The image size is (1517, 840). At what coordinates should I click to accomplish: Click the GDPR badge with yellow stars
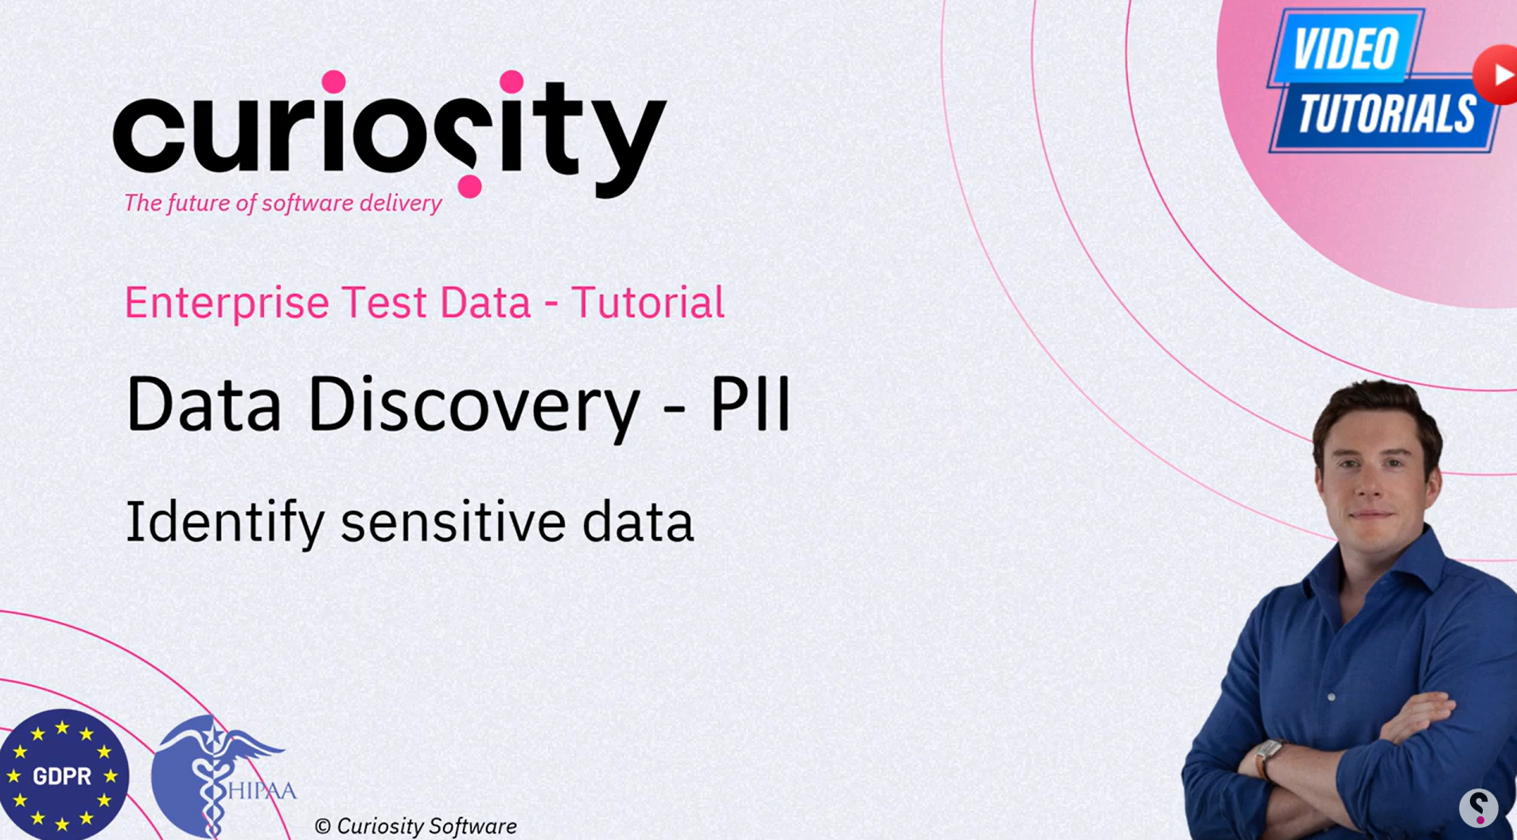tap(64, 775)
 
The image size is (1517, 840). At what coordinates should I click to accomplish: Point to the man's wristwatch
tap(1267, 756)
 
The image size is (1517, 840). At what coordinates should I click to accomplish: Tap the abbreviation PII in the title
tap(751, 404)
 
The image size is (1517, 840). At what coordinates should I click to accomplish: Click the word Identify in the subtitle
tap(225, 523)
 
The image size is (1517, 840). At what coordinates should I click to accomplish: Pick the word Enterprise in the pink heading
tap(227, 303)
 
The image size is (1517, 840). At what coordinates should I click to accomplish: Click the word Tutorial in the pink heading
tap(648, 302)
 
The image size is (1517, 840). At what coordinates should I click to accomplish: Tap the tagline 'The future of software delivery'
tap(282, 204)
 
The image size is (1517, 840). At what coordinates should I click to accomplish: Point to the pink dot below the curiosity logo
tap(469, 186)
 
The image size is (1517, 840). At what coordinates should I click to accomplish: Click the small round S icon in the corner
tap(1479, 807)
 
